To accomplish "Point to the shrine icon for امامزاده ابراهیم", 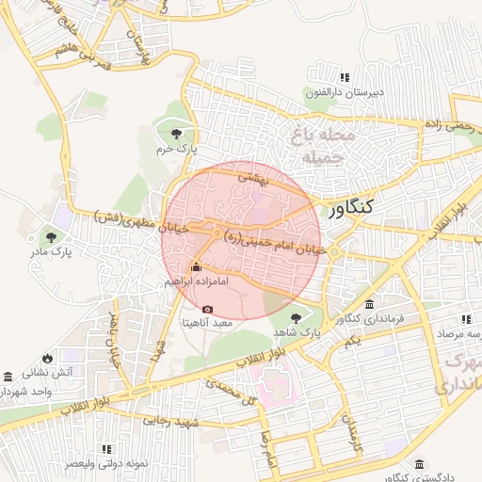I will [196, 266].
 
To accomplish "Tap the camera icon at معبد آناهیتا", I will [207, 309].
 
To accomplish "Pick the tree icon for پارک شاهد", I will [297, 318].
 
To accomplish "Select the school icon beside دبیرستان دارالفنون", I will [345, 77].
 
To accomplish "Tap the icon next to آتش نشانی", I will [8, 375].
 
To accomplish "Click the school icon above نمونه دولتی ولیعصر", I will [105, 449].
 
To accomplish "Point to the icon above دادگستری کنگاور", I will [418, 464].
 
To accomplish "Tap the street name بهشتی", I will [252, 175].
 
